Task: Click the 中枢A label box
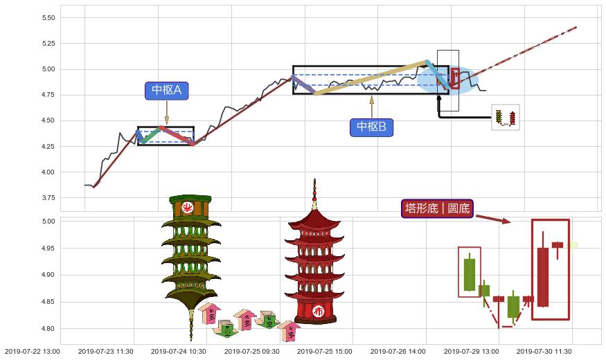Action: point(167,91)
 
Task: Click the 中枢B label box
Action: point(371,127)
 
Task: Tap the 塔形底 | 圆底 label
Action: point(437,208)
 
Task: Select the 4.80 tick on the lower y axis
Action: point(48,329)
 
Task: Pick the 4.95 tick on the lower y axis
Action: point(48,249)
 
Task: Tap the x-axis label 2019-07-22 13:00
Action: point(31,352)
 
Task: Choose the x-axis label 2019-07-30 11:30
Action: point(544,352)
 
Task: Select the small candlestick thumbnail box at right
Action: point(506,117)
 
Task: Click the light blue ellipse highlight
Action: point(447,80)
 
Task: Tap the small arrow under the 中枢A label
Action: point(167,113)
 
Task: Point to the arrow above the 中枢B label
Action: point(371,105)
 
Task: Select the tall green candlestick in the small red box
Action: point(470,273)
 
